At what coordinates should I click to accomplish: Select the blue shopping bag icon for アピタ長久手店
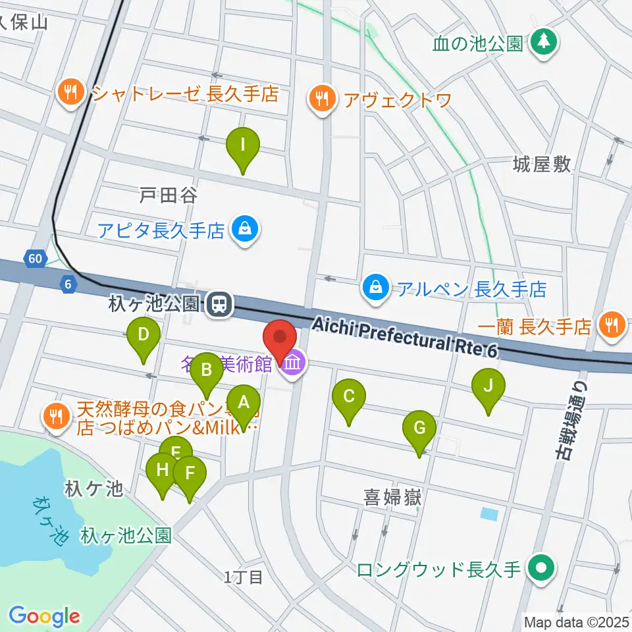coord(245,230)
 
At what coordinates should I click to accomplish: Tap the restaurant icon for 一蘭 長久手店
coord(612,324)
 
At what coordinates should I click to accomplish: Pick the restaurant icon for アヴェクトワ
coord(321,99)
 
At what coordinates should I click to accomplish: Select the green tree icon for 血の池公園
coord(543,43)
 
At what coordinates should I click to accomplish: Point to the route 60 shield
coord(34,259)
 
